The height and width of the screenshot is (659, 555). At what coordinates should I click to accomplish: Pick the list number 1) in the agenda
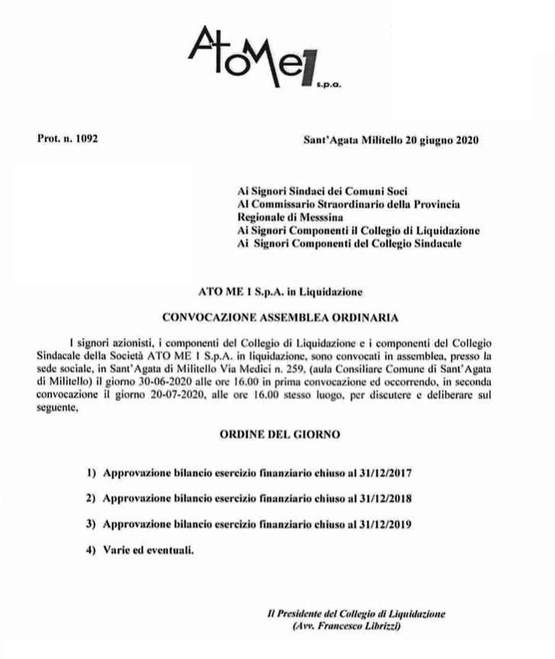[92, 472]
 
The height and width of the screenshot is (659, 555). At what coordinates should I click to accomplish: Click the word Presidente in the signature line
[301, 613]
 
